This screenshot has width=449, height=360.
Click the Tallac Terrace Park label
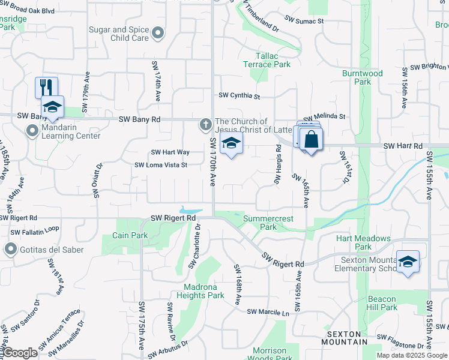tap(267, 60)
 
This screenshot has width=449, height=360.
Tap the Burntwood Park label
tap(363, 77)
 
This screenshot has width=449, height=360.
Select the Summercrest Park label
tap(268, 223)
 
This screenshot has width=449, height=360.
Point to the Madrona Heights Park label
tap(200, 291)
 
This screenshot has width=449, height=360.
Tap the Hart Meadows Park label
tap(363, 242)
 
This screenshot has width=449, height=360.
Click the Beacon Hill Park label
tap(382, 303)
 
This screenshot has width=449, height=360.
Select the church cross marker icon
tap(205, 125)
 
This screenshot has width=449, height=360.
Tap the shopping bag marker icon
tap(312, 140)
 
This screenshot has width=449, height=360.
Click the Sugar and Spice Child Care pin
tap(158, 34)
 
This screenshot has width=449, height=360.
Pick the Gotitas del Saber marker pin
tap(10, 248)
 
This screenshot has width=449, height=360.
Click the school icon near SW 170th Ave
tap(230, 144)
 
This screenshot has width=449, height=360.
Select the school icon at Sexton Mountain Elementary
tap(408, 262)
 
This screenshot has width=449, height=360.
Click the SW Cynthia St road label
tap(239, 95)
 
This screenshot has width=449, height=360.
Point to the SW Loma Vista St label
tap(161, 165)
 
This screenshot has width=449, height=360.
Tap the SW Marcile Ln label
tap(268, 312)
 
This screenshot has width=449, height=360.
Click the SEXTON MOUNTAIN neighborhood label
tap(347, 337)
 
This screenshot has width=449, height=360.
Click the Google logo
tap(20, 353)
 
